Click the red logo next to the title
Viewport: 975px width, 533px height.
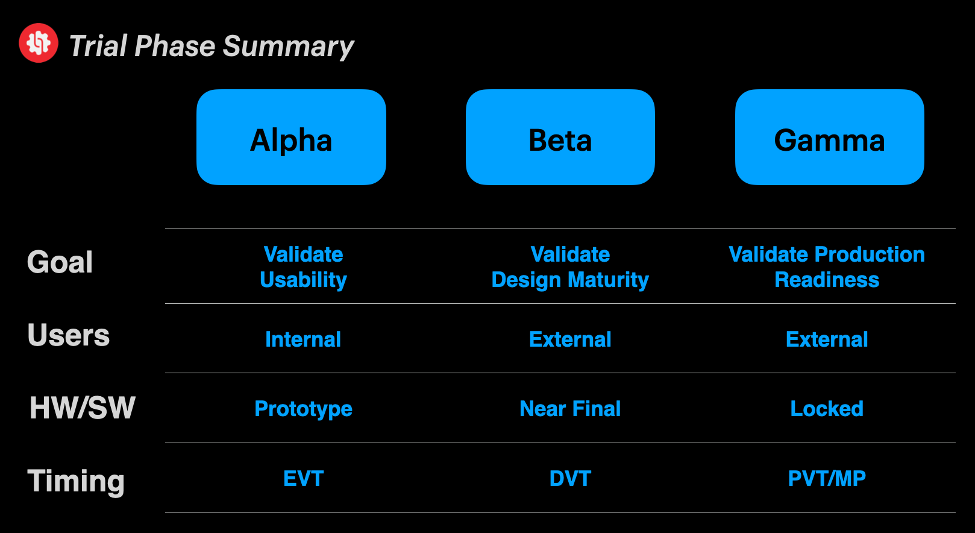[39, 43]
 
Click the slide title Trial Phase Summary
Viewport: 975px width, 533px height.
[212, 46]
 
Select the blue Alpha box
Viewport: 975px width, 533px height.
[291, 137]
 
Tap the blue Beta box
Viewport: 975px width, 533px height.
[560, 137]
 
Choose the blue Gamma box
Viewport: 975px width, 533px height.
[829, 137]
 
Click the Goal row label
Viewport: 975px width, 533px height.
[60, 262]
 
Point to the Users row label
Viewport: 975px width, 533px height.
[69, 335]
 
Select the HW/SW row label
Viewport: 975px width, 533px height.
[83, 408]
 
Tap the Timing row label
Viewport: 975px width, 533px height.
[76, 481]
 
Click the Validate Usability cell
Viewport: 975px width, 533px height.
[303, 266]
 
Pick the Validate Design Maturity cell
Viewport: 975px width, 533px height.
[570, 266]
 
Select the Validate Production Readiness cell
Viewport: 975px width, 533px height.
[827, 266]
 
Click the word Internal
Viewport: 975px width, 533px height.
[303, 339]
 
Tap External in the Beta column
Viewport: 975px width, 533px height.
[570, 339]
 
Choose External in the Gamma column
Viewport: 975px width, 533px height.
[827, 339]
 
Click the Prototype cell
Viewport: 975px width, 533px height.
[303, 409]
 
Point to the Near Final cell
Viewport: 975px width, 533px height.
[570, 409]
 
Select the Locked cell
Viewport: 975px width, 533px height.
[827, 409]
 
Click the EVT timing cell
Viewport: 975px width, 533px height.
[303, 479]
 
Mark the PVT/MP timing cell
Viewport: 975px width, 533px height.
[827, 479]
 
